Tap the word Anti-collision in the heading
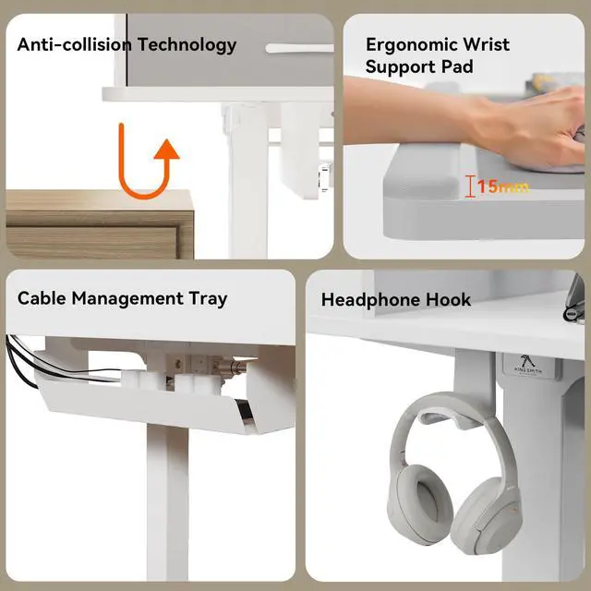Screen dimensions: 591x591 click(75, 44)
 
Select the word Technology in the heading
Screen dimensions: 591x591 click(187, 45)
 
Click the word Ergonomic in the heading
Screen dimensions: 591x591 click(411, 45)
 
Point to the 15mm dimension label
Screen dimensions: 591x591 click(502, 187)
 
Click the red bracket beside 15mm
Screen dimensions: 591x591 click(469, 187)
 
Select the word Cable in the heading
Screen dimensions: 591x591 click(42, 298)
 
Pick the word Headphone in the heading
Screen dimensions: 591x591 click(370, 300)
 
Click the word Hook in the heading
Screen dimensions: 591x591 click(448, 299)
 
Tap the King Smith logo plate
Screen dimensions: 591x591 click(528, 366)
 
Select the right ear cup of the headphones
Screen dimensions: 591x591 click(487, 516)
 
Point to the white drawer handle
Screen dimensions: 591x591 click(299, 48)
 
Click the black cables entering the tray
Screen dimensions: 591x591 click(22, 362)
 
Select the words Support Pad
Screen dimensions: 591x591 click(419, 67)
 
